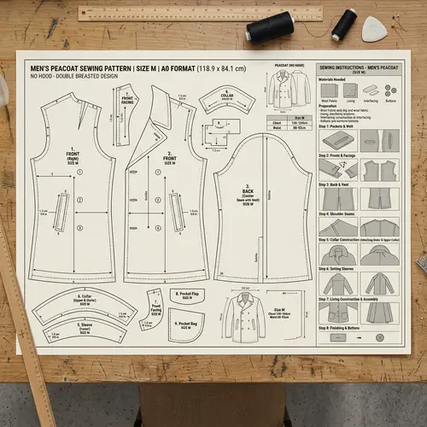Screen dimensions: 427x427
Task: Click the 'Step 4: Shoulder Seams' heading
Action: coord(337,213)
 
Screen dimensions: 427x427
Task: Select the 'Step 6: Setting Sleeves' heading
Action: coord(337,269)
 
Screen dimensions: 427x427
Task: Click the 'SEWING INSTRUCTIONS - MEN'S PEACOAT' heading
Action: coord(360,66)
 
